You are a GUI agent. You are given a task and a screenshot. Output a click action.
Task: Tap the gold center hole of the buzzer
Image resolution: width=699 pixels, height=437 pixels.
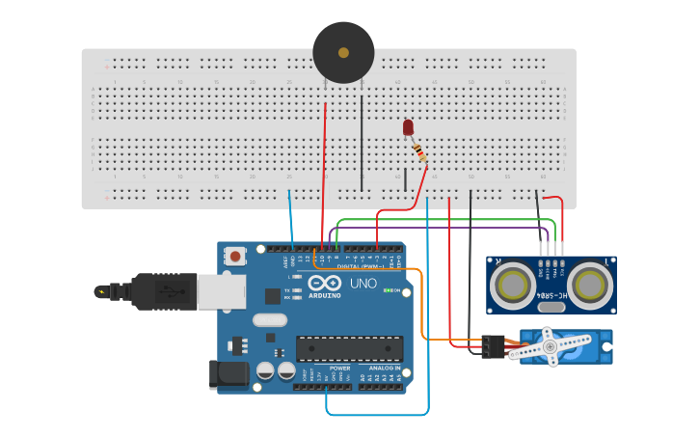(343, 52)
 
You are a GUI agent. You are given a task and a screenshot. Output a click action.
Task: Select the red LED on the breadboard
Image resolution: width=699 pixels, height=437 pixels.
(408, 127)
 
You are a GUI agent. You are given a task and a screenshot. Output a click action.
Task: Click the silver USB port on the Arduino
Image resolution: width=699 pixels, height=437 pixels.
(221, 290)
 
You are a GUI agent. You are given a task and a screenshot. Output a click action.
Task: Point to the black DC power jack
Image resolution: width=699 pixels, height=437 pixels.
(229, 374)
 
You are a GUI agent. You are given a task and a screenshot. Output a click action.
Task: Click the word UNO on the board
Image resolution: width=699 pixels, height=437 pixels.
(363, 284)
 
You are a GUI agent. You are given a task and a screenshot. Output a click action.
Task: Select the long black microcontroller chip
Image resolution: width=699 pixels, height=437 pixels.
(349, 348)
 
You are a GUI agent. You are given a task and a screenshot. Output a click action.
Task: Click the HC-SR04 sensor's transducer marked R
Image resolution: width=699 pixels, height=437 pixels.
(508, 285)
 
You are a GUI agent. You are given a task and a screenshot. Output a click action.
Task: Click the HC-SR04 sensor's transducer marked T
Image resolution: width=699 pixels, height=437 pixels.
(589, 285)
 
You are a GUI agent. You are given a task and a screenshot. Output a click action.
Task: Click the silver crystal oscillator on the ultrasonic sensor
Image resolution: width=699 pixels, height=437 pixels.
(550, 308)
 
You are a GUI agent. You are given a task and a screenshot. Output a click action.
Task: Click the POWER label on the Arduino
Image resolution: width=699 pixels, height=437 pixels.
(339, 368)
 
